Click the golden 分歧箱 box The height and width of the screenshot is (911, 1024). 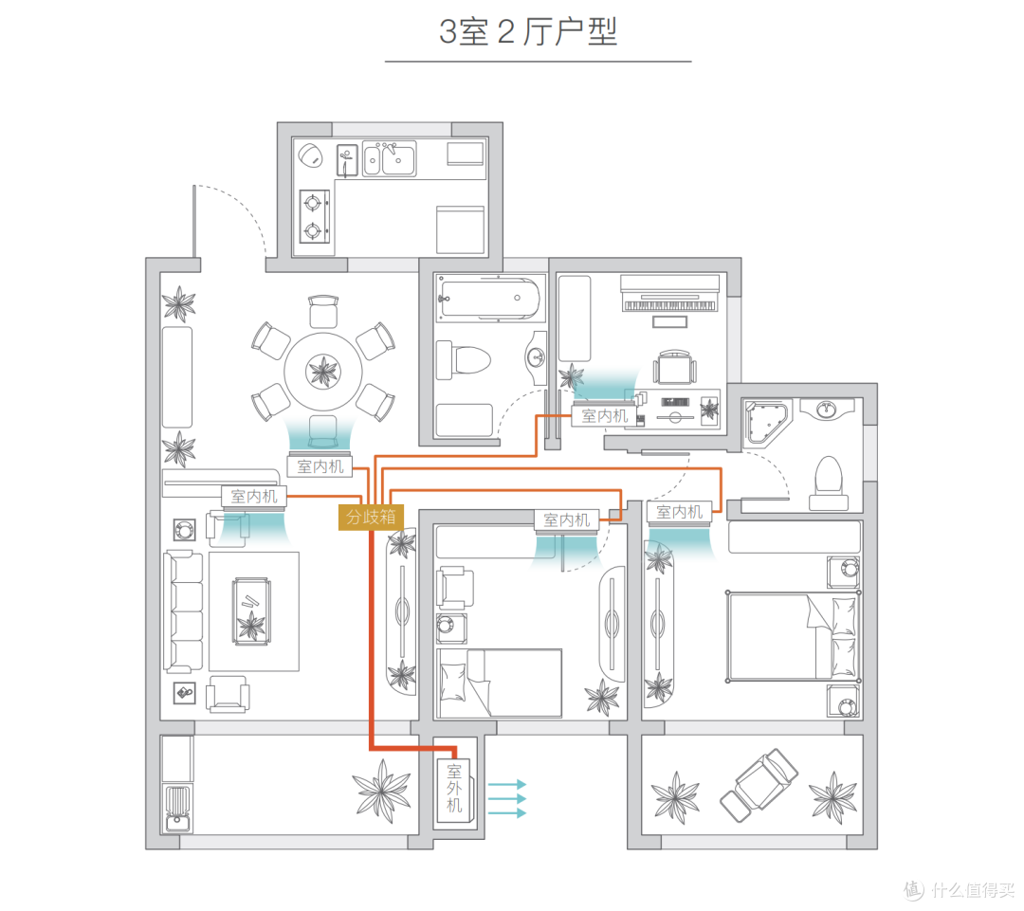tap(371, 518)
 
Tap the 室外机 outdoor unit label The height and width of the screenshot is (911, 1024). tap(454, 788)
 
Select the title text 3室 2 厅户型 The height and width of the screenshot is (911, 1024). tap(528, 31)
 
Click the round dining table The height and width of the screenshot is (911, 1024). tap(322, 371)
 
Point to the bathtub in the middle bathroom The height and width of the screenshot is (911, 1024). tap(490, 299)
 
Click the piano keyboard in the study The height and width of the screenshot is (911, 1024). tap(669, 305)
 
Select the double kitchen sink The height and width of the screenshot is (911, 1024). tap(390, 158)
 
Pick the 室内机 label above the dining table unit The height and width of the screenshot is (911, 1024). tap(320, 466)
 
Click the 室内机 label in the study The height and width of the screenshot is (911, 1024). tap(604, 416)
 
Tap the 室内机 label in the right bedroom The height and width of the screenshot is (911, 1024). tap(679, 512)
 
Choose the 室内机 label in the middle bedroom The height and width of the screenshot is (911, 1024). tap(566, 519)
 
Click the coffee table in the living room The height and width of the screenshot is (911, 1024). tap(251, 611)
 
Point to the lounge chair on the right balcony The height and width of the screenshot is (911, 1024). tap(759, 785)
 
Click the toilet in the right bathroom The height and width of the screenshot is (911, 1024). tap(829, 483)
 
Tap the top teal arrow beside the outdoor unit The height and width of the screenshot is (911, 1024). tap(507, 784)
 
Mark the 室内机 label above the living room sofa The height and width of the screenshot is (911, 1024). tap(254, 497)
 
